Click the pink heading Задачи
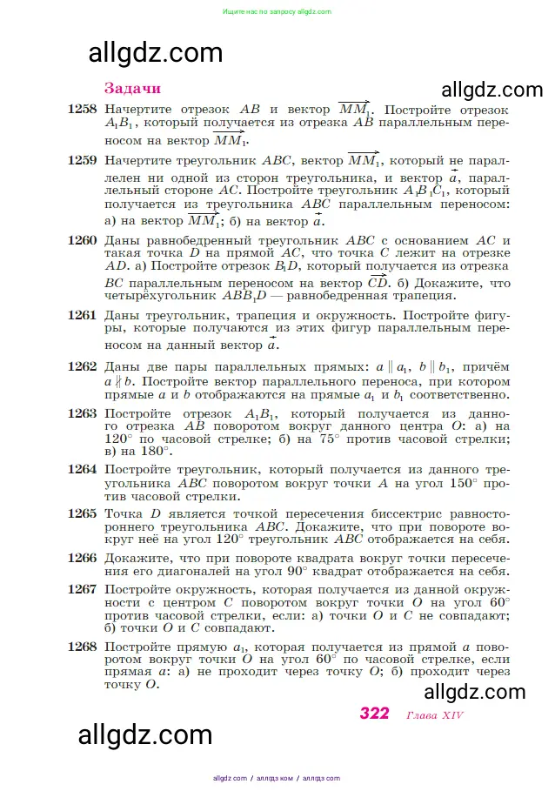point(132,88)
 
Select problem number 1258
point(82,111)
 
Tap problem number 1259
point(82,161)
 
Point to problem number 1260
point(82,240)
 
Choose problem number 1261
point(82,315)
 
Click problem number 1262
point(82,366)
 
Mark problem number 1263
point(82,413)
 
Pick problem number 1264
point(82,469)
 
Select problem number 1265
point(82,513)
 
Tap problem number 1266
point(82,558)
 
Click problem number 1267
point(82,589)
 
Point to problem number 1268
point(82,647)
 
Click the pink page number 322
point(374,714)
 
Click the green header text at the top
point(277,11)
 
